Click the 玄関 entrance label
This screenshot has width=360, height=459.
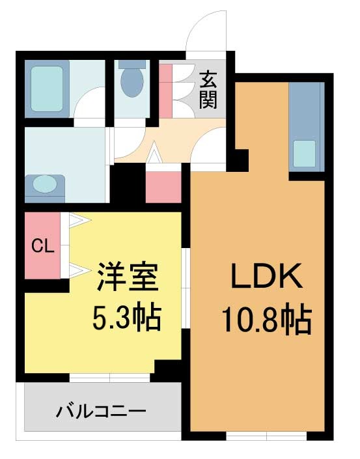point(208,90)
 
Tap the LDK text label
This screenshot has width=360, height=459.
point(267,276)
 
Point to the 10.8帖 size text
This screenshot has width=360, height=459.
point(266,320)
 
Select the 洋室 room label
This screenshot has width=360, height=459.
point(128,277)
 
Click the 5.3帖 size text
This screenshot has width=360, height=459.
point(127,317)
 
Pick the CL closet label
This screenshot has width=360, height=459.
point(43,246)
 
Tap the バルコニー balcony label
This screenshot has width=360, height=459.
point(101,411)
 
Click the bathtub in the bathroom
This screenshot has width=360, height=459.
point(47,89)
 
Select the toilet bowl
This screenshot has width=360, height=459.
point(132,79)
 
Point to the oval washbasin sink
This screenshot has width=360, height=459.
point(45,184)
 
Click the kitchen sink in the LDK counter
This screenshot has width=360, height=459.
point(305,154)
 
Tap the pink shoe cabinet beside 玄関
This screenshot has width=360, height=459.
point(165,90)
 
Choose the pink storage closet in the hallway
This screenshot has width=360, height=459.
point(163,187)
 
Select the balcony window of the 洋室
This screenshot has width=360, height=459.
point(110,378)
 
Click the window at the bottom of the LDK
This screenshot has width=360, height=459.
point(266,436)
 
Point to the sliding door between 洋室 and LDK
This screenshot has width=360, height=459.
point(186,288)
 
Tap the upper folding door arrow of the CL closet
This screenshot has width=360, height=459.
point(79,220)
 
